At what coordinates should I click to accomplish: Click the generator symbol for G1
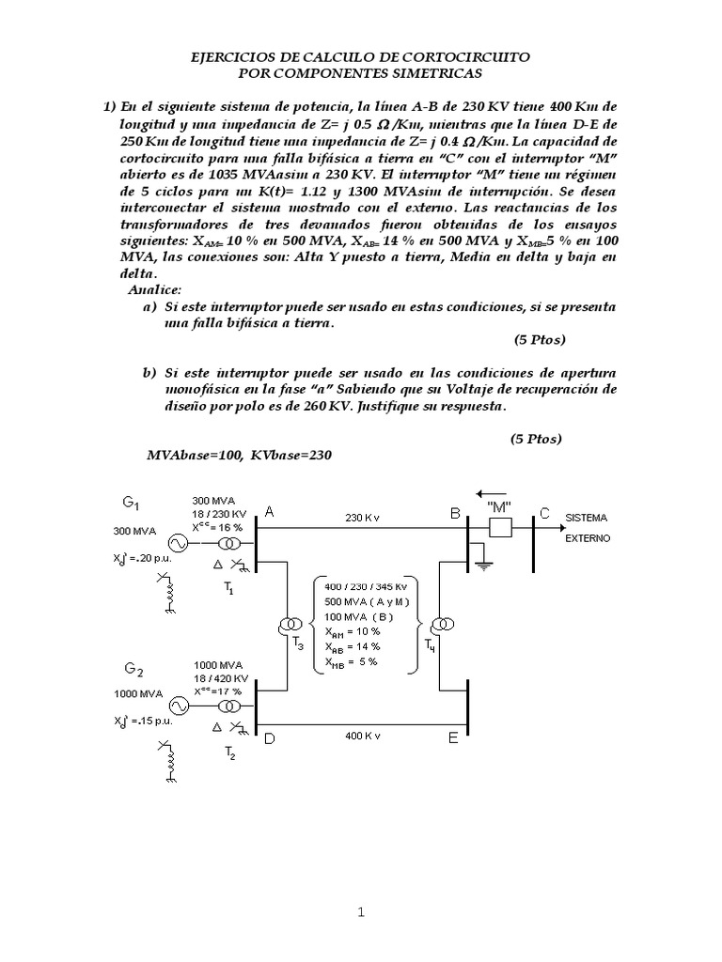click(176, 543)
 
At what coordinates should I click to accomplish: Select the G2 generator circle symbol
click(176, 706)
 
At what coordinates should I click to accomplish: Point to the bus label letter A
click(269, 513)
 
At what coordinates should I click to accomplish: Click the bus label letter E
click(452, 738)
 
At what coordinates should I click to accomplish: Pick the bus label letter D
click(269, 738)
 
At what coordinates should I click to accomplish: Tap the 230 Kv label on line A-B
click(362, 518)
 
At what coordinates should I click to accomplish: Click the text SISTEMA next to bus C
click(586, 518)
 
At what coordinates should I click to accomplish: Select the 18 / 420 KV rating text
click(220, 677)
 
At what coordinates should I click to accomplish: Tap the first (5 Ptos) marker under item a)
click(540, 339)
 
